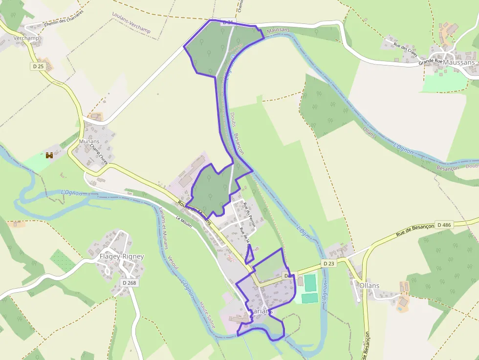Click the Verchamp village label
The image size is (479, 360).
pyautogui.click(x=26, y=38)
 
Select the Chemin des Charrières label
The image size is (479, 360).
pyautogui.click(x=64, y=18)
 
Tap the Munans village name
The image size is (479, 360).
pyautogui.click(x=89, y=142)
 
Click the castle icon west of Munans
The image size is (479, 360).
pyautogui.click(x=49, y=155)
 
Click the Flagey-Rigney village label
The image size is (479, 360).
pyautogui.click(x=122, y=256)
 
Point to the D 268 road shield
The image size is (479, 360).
pyautogui.click(x=129, y=282)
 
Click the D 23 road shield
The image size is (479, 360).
pyautogui.click(x=329, y=263)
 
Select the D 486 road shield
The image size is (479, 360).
pyautogui.click(x=444, y=225)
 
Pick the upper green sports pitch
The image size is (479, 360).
pyautogui.click(x=310, y=282)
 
